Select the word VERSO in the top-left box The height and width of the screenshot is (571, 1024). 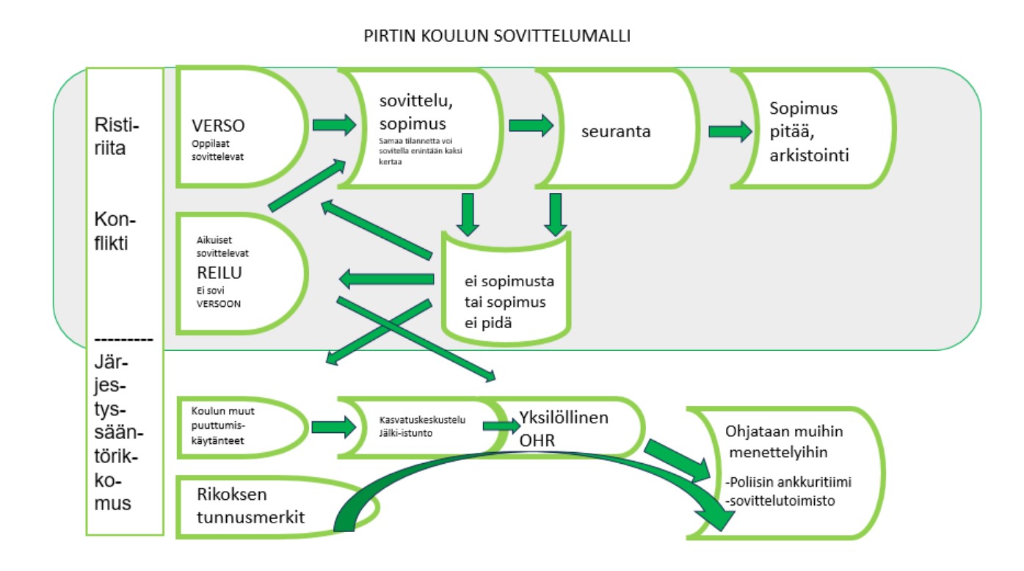218,126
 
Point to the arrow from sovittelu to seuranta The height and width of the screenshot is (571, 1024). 531,126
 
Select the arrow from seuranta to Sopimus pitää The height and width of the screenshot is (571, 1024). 730,131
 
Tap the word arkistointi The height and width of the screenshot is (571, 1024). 809,155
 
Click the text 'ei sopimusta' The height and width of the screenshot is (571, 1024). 509,283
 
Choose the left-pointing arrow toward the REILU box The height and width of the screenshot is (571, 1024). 388,279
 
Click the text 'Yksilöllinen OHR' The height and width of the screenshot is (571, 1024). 563,428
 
